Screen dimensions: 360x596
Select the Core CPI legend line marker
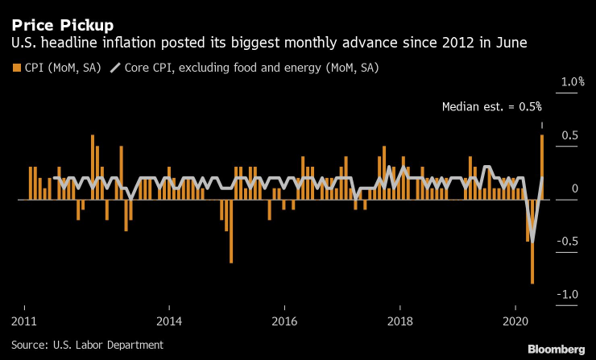115,68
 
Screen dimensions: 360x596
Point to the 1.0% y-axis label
572,82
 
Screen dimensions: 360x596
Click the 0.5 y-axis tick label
569,134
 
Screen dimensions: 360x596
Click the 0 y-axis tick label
575,188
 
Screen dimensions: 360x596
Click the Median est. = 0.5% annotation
492,106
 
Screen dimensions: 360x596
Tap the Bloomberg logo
556,349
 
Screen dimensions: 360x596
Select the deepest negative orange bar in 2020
532,242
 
